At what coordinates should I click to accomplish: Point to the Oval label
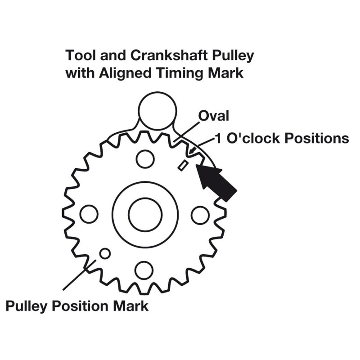(x=214, y=116)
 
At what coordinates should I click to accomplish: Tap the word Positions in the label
(x=318, y=138)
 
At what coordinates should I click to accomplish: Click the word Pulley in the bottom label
(x=28, y=306)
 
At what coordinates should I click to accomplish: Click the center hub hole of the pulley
(x=144, y=214)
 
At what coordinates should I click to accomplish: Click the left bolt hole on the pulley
(x=89, y=214)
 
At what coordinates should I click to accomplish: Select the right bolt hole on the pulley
(x=200, y=215)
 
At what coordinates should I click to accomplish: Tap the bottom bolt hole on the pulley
(x=144, y=270)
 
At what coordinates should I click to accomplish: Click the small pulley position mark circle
(x=105, y=253)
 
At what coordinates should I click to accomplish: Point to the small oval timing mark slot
(x=182, y=165)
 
